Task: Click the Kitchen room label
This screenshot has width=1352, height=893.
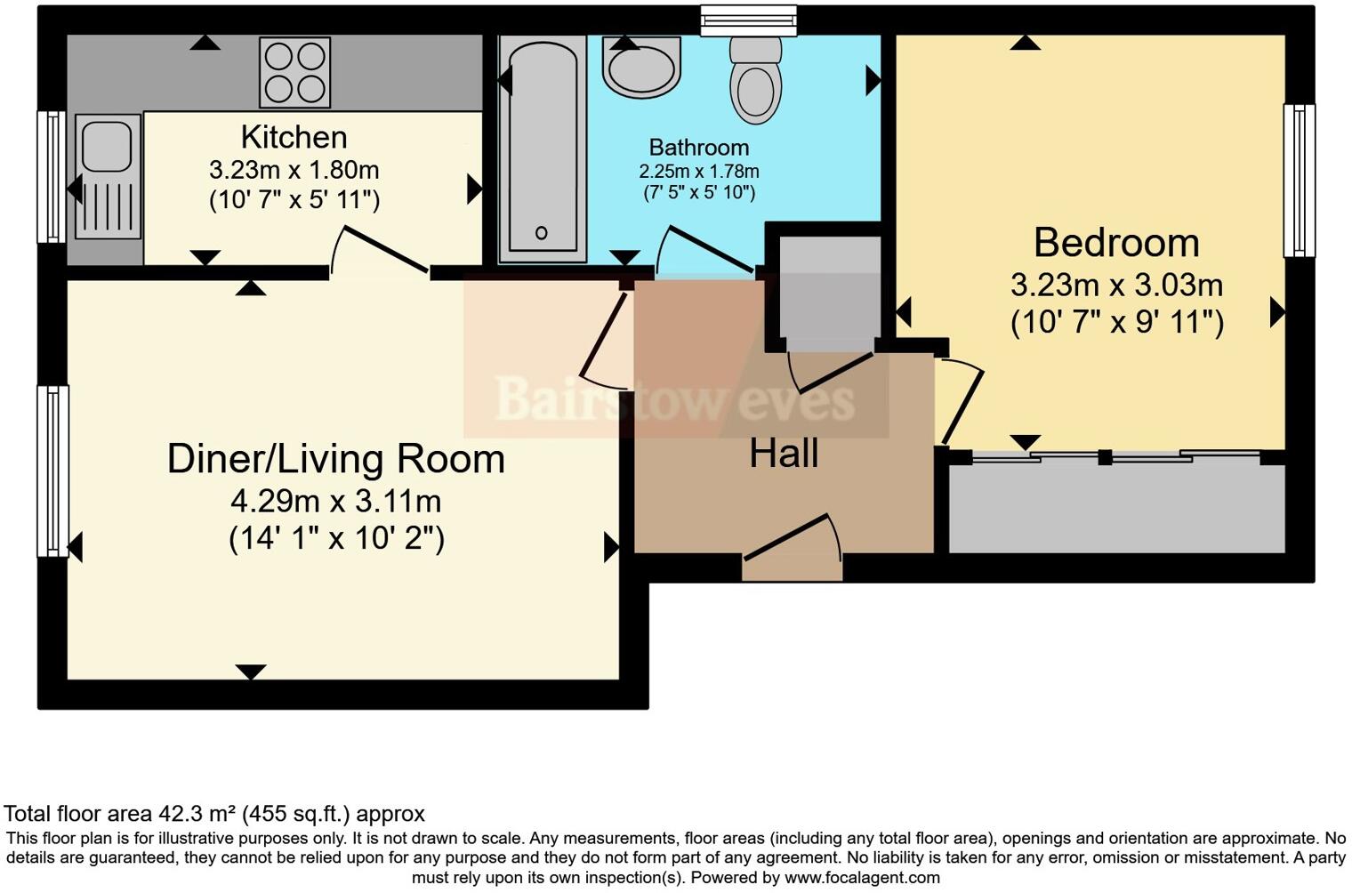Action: pos(294,138)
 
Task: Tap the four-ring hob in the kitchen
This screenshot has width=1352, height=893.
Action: pos(295,72)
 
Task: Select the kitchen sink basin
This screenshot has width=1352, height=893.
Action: pos(107,147)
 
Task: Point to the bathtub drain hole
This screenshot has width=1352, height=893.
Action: pos(542,232)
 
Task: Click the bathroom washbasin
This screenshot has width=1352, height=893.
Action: pos(641,67)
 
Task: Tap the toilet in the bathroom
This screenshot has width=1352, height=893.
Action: pos(756,80)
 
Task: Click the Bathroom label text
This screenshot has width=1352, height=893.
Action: pos(699,148)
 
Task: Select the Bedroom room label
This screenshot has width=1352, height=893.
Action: pos(1116,243)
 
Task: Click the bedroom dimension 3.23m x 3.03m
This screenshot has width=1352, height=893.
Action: pos(1116,285)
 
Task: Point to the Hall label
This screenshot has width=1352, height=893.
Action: pos(784,453)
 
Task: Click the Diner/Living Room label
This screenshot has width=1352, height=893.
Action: pos(336,459)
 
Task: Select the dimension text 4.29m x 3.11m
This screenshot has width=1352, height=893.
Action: pos(336,502)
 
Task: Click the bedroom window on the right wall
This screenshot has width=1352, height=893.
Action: pos(1299,181)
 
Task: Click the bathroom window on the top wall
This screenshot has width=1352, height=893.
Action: pos(748,20)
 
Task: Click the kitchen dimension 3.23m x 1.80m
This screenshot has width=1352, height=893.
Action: pos(294,170)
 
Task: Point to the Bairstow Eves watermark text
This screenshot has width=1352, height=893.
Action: pos(675,399)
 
